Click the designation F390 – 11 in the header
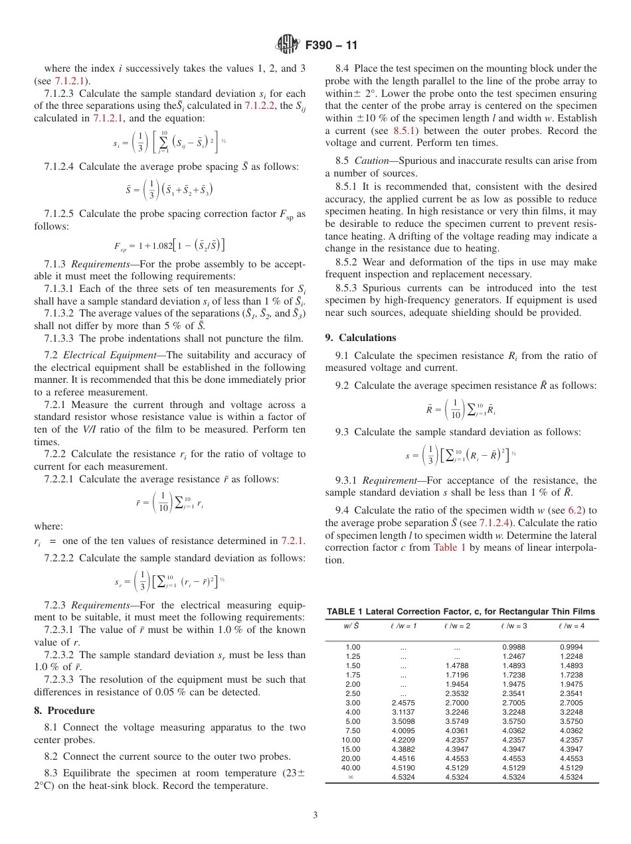point(331,46)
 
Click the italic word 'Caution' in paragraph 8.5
point(371,161)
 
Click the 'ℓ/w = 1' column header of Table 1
point(404,626)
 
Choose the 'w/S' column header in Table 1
point(351,626)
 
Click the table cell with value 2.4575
point(403,703)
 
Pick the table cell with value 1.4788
point(457,666)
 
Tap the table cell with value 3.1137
point(403,712)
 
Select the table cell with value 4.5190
point(403,768)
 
